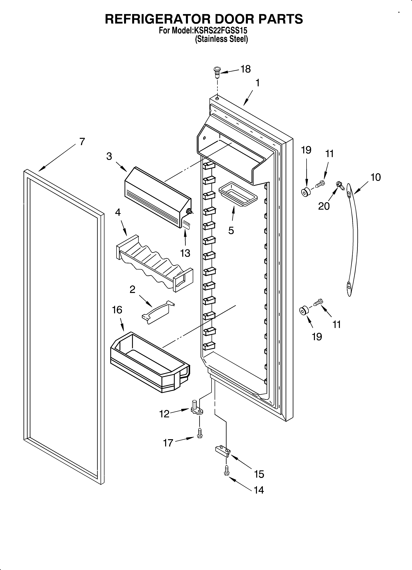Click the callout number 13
pos(185,253)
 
